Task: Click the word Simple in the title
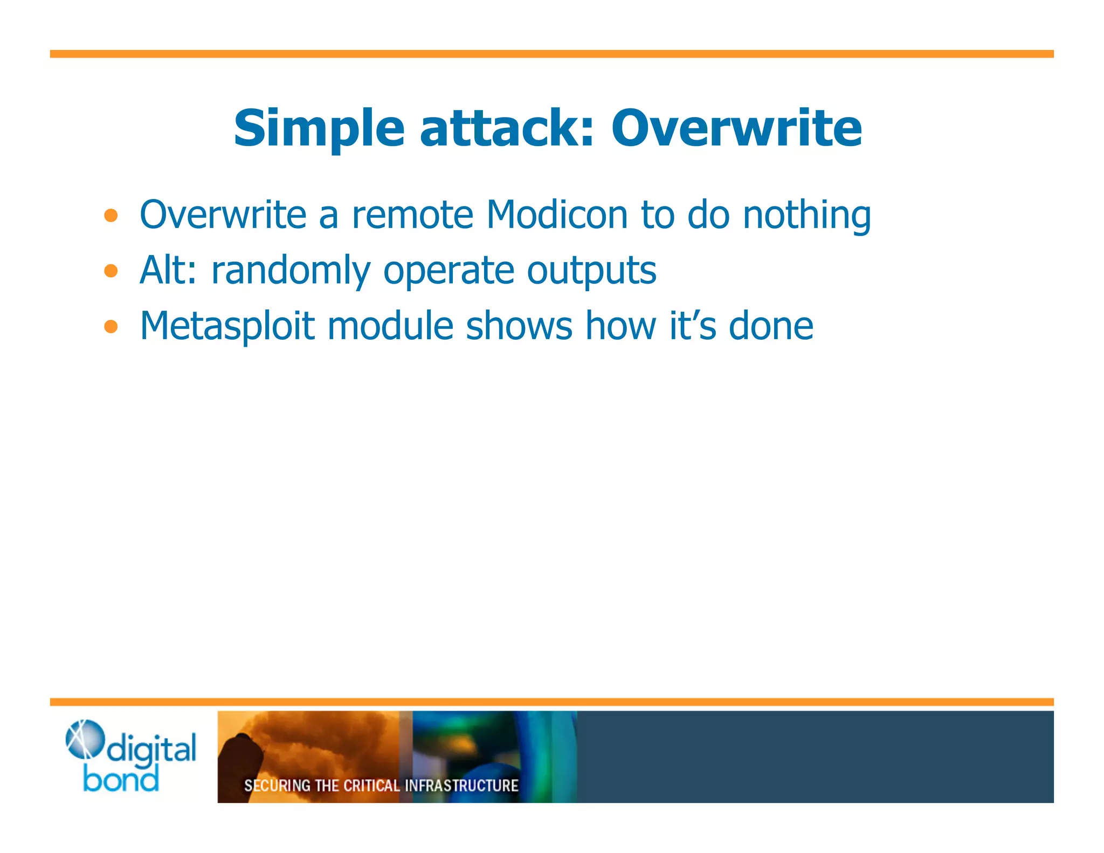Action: click(x=319, y=129)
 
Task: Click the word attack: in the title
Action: click(x=507, y=129)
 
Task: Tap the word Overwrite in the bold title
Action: click(x=736, y=129)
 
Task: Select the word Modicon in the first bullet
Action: click(x=557, y=215)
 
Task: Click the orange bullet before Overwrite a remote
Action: click(x=111, y=216)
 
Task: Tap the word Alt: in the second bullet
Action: click(x=168, y=270)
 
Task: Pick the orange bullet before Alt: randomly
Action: click(x=111, y=271)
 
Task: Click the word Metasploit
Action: click(x=227, y=327)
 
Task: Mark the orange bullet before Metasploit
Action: click(x=111, y=326)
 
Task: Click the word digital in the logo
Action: click(x=151, y=750)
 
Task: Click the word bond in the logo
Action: click(x=121, y=779)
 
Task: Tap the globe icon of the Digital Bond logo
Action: click(x=84, y=739)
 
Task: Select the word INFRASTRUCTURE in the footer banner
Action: click(x=461, y=786)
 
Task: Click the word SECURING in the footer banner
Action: click(x=277, y=786)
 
